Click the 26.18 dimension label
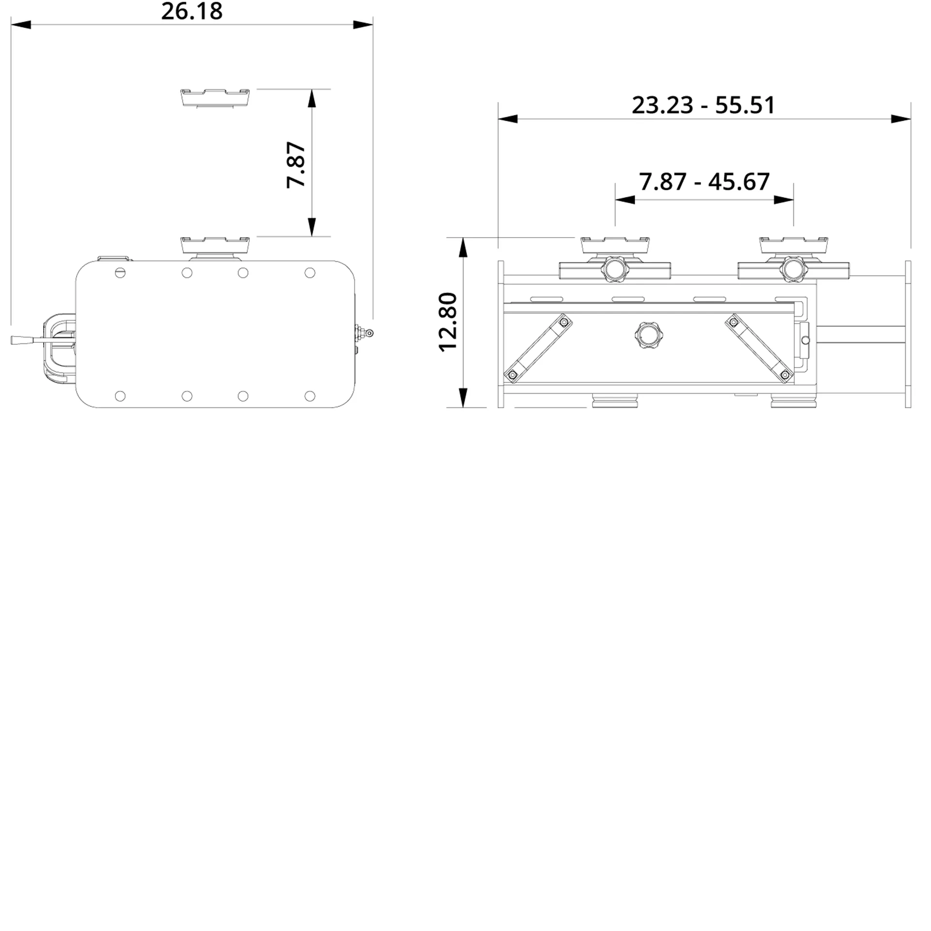click(x=192, y=12)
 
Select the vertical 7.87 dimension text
click(x=296, y=165)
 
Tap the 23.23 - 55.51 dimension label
click(x=703, y=105)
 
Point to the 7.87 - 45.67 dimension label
click(x=704, y=182)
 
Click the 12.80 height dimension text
click(x=448, y=322)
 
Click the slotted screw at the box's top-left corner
click(x=120, y=273)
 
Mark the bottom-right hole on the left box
click(x=310, y=396)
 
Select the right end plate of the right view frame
click(x=908, y=334)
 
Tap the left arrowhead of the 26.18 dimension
click(x=20, y=25)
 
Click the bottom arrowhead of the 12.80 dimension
click(x=464, y=398)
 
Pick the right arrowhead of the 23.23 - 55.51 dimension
click(x=901, y=119)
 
